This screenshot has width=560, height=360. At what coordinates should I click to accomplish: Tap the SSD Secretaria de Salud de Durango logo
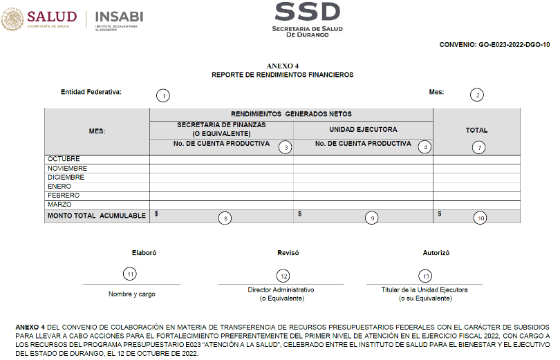point(308,19)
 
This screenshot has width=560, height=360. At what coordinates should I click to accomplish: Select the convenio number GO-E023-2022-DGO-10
point(494,45)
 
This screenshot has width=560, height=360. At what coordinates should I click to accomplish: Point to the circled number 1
point(162,95)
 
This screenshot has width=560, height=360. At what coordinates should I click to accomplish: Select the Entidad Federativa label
point(91,92)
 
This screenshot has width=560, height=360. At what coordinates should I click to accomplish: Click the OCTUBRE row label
point(64,160)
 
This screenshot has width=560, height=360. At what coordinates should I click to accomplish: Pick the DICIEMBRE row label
point(66,178)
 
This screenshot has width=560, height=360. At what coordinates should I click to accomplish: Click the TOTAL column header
point(476,130)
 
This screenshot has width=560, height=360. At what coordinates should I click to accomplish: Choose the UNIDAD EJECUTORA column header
point(363,129)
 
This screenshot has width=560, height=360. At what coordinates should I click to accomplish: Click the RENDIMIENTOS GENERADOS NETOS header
point(291,114)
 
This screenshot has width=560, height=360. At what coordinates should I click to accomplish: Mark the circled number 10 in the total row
point(480,218)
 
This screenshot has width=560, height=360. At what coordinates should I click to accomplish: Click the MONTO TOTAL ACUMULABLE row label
point(96,216)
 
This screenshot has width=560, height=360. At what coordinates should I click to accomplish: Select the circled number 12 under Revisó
point(283,276)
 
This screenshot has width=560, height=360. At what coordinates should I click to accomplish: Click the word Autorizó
point(436,254)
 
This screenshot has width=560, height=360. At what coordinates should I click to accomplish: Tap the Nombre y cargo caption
point(132,294)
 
